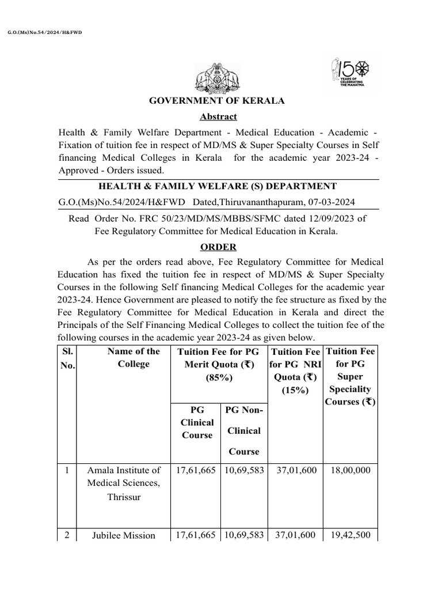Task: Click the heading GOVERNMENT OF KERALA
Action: pyautogui.click(x=217, y=101)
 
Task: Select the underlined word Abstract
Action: pyautogui.click(x=218, y=116)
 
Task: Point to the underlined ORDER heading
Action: pyautogui.click(x=218, y=247)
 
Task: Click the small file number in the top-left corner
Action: pyautogui.click(x=45, y=32)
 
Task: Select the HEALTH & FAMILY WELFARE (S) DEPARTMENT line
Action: pyautogui.click(x=218, y=186)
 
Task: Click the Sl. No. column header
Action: pyautogui.click(x=67, y=358)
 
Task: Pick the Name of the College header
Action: pyautogui.click(x=134, y=358)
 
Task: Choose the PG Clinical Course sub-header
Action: pyautogui.click(x=197, y=422)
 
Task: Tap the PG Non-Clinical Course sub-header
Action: pyautogui.click(x=243, y=430)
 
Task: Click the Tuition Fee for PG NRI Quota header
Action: pyautogui.click(x=295, y=370)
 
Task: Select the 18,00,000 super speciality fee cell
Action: pyautogui.click(x=351, y=470)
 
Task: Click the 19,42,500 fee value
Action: pyautogui.click(x=351, y=535)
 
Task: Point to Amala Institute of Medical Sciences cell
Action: pyautogui.click(x=124, y=483)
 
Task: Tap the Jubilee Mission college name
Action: pyautogui.click(x=124, y=535)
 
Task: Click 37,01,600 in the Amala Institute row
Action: pyautogui.click(x=295, y=470)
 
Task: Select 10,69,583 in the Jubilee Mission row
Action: pyautogui.click(x=244, y=535)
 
